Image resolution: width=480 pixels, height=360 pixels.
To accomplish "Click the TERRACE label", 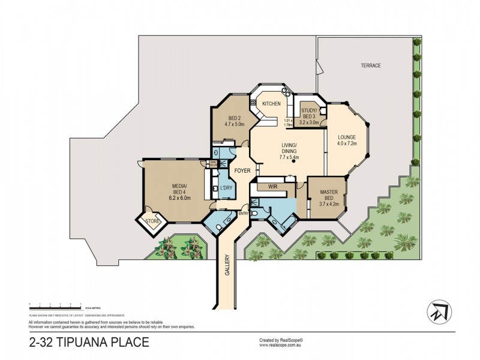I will tap(371, 65).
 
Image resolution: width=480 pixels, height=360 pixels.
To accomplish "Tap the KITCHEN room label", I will tap(271, 104).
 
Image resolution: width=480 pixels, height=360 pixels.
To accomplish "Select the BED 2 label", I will tap(235, 118).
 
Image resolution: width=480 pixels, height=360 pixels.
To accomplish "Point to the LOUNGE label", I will tap(347, 136).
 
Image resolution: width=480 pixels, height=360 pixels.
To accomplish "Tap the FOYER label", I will tap(242, 170).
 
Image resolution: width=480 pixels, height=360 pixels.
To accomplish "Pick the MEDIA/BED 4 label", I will tap(179, 188).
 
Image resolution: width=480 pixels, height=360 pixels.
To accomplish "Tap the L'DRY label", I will tap(226, 188).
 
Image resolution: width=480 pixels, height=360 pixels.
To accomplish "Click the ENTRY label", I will tap(244, 213).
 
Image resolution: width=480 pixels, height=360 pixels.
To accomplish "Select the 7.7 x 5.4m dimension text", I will tap(290, 158).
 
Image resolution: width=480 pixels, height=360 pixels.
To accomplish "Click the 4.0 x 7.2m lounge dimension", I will tap(347, 144).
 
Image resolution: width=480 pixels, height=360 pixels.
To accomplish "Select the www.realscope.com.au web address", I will tap(281, 346).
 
